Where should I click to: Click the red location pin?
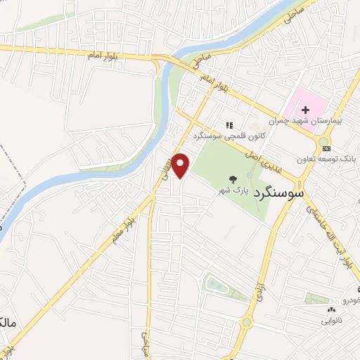point(181,165)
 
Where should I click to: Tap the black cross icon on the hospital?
point(306,109)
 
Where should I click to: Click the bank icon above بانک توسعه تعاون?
point(323,148)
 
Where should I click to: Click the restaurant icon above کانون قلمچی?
point(229,124)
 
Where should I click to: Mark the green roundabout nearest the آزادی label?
point(247,323)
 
